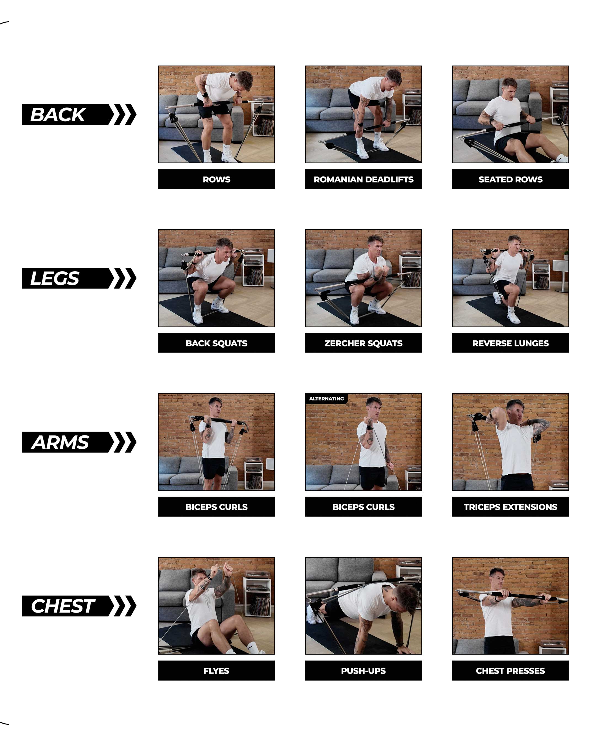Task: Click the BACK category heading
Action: [58, 115]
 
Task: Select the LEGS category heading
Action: [55, 278]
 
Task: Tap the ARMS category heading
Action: [60, 442]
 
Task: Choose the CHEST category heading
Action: [63, 606]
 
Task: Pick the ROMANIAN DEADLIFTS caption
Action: [363, 179]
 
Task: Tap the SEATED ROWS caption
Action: [510, 179]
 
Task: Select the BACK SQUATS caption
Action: [216, 343]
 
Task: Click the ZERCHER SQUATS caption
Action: [363, 343]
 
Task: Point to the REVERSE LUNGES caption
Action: [510, 343]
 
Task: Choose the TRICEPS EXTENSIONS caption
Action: [510, 507]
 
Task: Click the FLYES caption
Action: [216, 671]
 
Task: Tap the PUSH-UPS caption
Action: [363, 671]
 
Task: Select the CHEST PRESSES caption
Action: [510, 671]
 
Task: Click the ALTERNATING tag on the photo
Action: [326, 399]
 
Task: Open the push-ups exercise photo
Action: [363, 606]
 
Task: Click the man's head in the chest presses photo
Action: [497, 577]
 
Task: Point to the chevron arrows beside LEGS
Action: [123, 278]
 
